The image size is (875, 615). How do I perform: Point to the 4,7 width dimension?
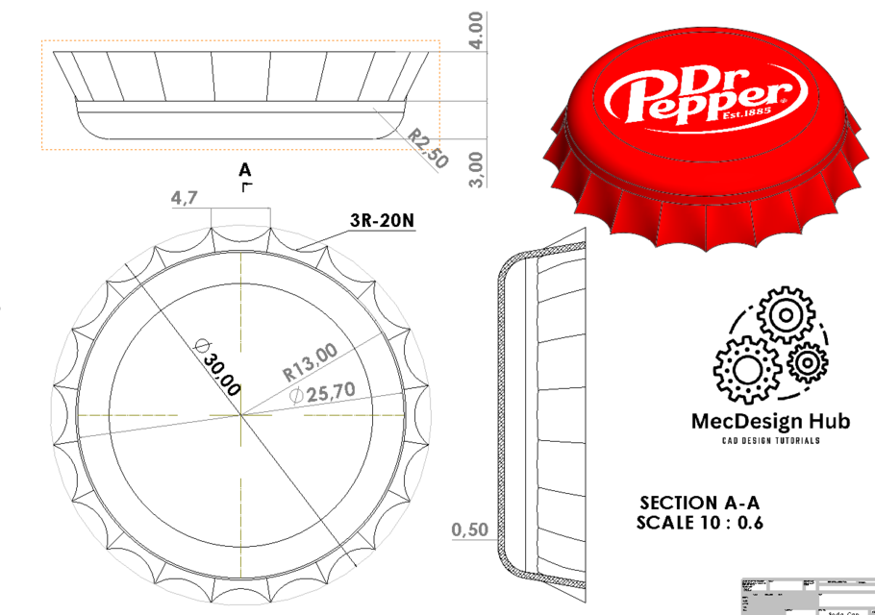pos(185,198)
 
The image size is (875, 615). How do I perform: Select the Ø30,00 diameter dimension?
pos(217,365)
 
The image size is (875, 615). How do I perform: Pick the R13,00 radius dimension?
pos(310,362)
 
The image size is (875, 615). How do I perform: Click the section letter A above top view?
pos(246,169)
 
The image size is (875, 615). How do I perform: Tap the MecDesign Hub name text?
pos(771,421)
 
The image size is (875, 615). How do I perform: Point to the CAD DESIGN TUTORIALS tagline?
pos(771,440)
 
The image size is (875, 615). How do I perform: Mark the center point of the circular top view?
pos(243,415)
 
